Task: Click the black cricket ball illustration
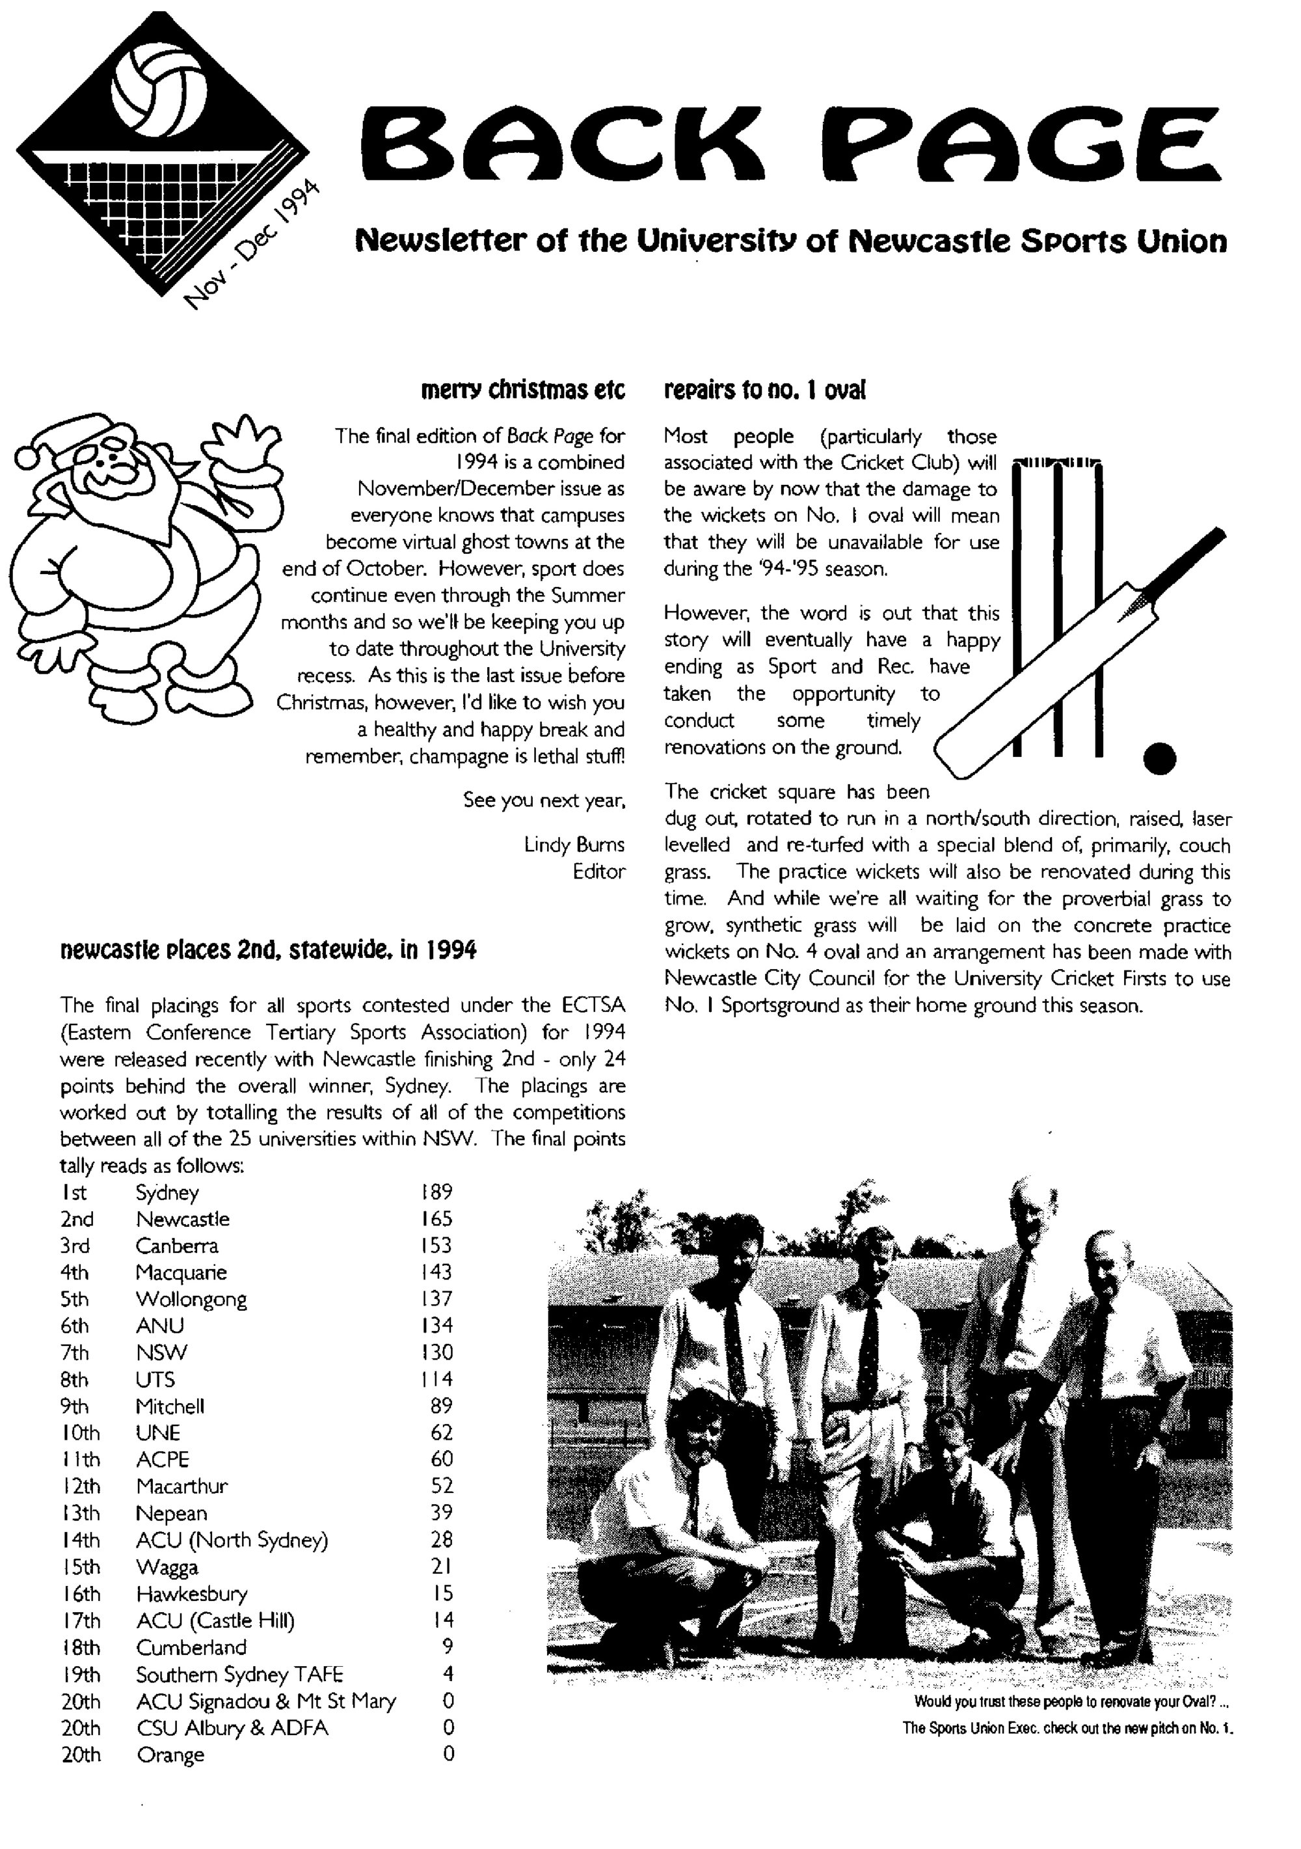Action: (1159, 758)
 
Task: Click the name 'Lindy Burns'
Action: (573, 844)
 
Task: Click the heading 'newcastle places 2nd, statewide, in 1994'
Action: (268, 950)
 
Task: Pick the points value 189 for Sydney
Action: (436, 1192)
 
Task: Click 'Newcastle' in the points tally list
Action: (182, 1219)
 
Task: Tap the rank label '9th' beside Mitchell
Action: (74, 1406)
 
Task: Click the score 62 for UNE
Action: (441, 1432)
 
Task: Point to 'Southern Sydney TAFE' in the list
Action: (239, 1674)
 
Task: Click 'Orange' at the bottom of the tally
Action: (170, 1754)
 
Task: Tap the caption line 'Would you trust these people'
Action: (1071, 1702)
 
